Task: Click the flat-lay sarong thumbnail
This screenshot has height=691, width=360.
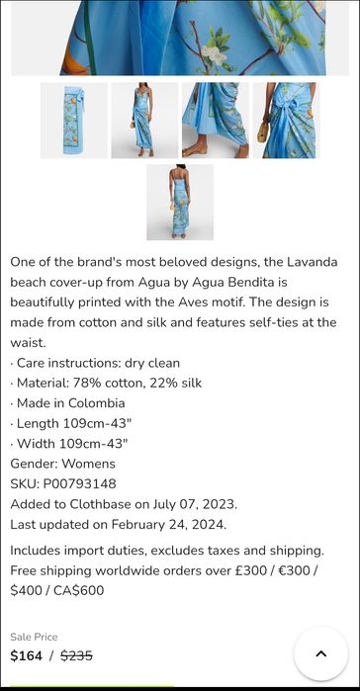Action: click(x=73, y=121)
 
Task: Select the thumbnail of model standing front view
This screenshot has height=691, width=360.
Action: click(x=144, y=121)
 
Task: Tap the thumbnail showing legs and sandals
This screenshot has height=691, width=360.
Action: click(x=215, y=121)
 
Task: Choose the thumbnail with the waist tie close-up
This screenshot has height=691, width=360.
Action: click(x=285, y=121)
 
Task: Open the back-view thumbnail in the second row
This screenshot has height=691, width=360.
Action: click(x=179, y=202)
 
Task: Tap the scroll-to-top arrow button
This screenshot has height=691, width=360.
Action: click(x=320, y=653)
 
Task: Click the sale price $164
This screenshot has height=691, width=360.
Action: click(x=27, y=655)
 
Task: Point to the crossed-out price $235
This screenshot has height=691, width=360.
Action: click(x=76, y=655)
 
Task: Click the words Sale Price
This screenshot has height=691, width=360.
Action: click(x=34, y=637)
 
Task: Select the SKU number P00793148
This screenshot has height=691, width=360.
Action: click(x=79, y=483)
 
